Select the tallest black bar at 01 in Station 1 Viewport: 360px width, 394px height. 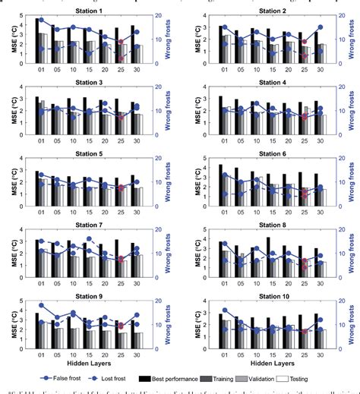(x=37, y=41)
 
